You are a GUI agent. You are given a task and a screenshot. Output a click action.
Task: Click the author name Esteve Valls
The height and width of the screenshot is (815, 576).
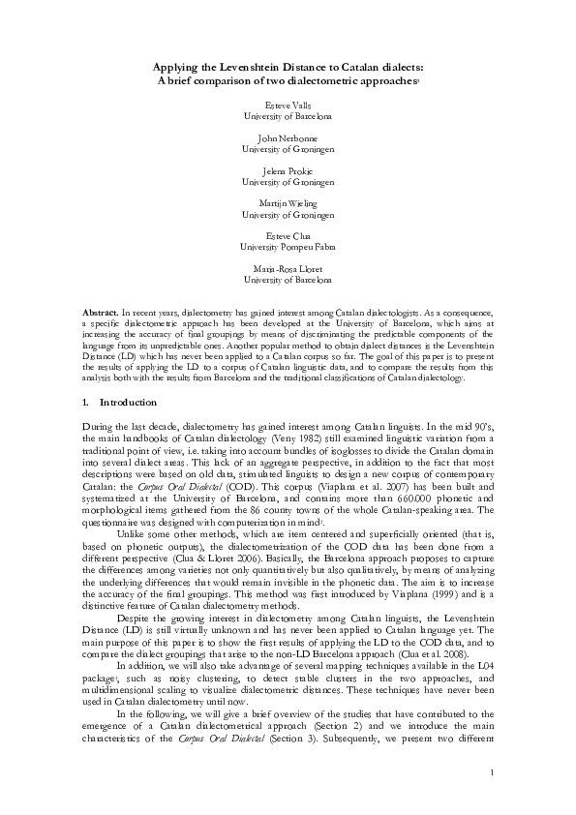[288, 103]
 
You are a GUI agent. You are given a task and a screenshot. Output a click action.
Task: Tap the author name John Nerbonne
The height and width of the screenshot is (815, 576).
[288, 137]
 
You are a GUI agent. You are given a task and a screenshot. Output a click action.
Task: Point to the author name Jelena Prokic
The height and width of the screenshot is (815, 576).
[288, 172]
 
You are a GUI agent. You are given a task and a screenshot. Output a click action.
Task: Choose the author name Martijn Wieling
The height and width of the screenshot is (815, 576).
[288, 207]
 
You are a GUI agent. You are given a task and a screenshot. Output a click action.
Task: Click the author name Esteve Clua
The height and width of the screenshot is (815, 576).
[288, 242]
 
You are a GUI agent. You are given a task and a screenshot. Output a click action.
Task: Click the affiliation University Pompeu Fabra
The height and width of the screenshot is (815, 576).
[288, 252]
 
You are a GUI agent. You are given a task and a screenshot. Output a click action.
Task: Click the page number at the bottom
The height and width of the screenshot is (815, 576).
[492, 799]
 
